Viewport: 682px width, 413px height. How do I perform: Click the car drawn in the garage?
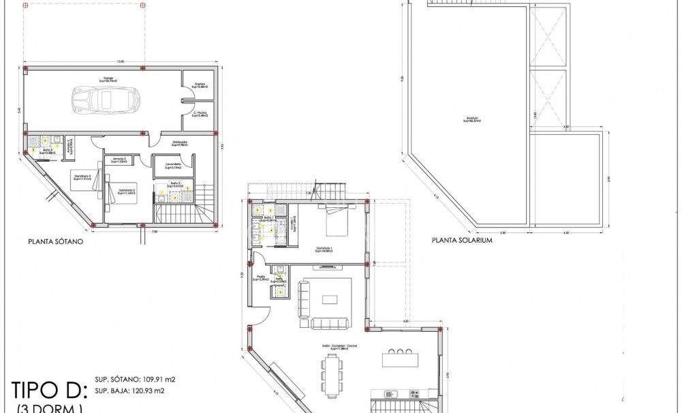tap(106, 100)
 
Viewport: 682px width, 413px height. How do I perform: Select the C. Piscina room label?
tap(200, 114)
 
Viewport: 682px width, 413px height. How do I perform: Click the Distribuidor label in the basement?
tap(180, 144)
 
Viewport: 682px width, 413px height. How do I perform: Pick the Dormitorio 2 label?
tap(126, 192)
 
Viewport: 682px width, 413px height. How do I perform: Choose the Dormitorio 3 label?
tap(82, 179)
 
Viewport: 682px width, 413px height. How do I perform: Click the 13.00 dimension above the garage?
tap(121, 62)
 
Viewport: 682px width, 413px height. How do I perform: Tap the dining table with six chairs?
tap(331, 377)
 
